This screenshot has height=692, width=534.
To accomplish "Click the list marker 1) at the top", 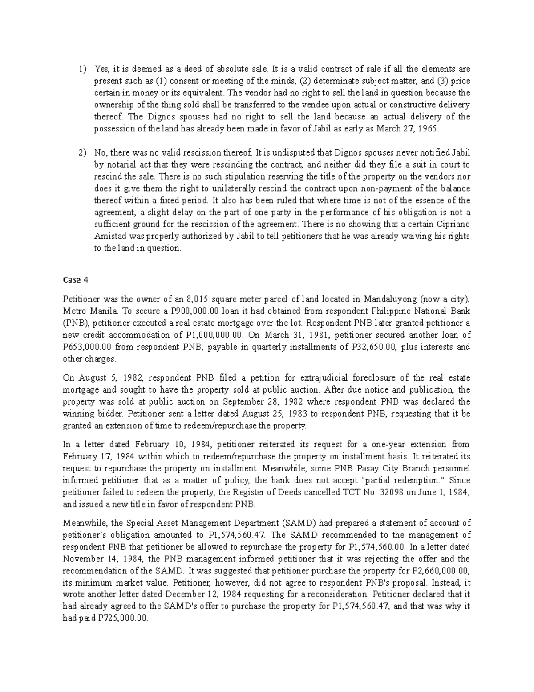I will [81, 69].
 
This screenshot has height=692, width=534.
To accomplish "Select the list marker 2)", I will [81, 153].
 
